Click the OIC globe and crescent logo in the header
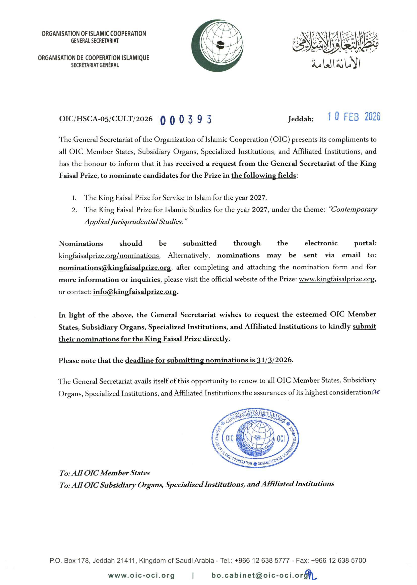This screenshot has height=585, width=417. (217, 46)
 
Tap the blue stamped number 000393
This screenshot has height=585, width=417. (186, 120)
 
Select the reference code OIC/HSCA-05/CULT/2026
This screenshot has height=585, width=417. (106, 119)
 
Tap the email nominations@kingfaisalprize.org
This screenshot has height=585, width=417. (115, 268)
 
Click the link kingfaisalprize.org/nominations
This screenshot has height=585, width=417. (109, 255)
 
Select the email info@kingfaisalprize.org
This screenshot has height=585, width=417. (135, 292)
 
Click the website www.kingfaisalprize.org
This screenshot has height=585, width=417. (336, 279)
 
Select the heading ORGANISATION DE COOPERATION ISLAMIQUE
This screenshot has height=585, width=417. (93, 58)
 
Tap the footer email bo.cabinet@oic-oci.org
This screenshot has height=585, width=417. (260, 575)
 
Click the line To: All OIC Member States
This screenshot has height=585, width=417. (104, 473)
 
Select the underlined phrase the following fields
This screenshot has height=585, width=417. (264, 176)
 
